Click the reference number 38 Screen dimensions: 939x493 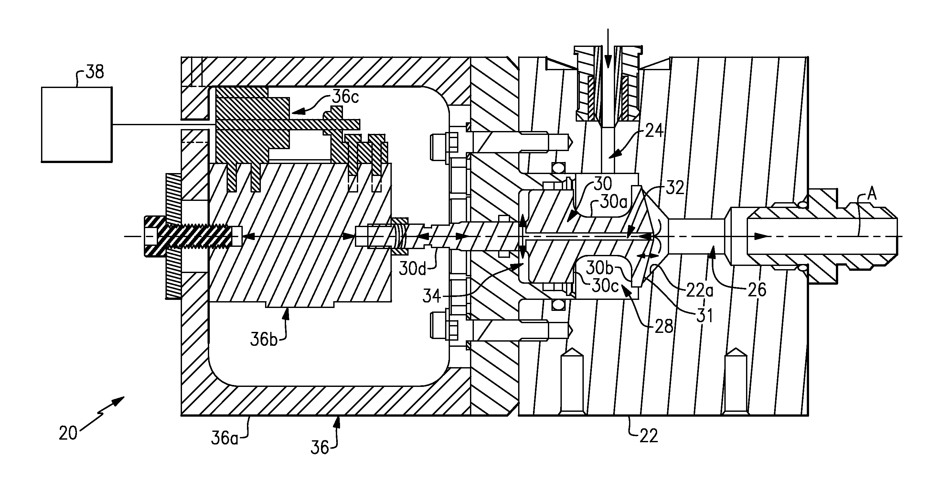(95, 72)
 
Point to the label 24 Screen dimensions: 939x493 (654, 131)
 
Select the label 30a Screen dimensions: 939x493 (614, 203)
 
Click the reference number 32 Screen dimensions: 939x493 (674, 188)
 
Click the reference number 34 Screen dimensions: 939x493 (432, 296)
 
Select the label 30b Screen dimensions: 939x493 (600, 268)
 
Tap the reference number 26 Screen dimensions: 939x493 (757, 290)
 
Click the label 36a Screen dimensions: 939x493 (225, 438)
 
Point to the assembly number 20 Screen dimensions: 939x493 (68, 433)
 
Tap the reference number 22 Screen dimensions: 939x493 (649, 436)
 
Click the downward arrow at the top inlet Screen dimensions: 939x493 (607, 53)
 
